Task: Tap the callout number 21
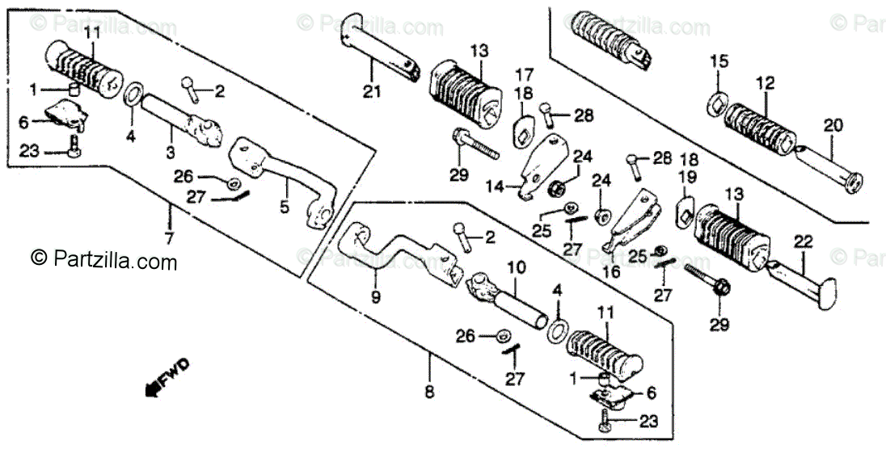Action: pos(371,92)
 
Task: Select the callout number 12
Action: pos(765,82)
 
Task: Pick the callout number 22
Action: pos(803,241)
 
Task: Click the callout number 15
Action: pos(719,62)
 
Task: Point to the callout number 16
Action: pos(610,273)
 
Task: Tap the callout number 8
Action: pos(429,393)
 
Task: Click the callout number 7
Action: pos(168,239)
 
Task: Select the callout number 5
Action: pos(284,208)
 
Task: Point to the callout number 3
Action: pos(171,153)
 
